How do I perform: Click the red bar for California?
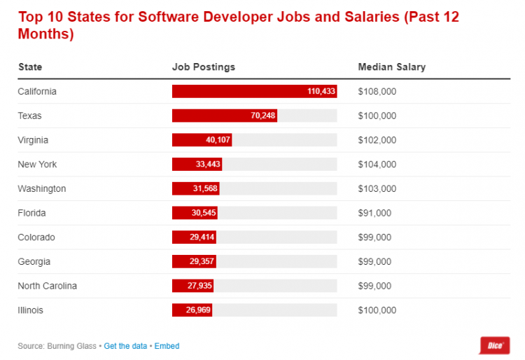254,92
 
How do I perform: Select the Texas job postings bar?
224,116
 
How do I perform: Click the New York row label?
37,165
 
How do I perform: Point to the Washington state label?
41,188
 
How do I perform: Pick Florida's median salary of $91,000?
374,213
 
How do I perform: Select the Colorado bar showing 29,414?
194,237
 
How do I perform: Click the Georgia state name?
34,261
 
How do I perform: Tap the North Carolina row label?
47,286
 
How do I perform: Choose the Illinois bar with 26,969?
192,310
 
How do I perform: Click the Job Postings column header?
204,67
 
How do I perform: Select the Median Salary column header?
391,67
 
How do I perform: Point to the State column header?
29,67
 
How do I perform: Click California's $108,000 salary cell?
377,92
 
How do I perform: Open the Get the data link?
126,346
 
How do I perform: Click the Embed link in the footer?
167,346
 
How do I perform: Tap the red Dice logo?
494,345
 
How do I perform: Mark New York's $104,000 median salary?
377,165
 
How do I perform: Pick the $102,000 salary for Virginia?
377,140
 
